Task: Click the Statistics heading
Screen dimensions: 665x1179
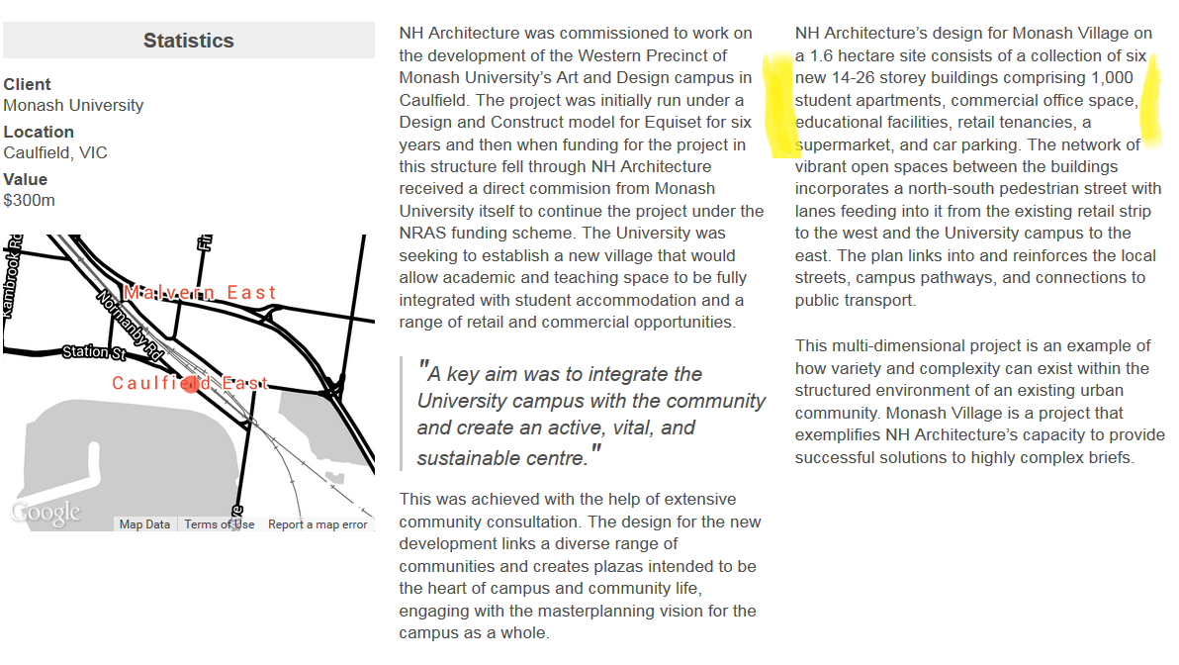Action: (x=188, y=41)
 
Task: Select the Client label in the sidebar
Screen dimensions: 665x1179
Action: (x=27, y=84)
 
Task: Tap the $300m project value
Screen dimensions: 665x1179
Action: (x=29, y=200)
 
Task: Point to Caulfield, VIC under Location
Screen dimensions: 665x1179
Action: (x=55, y=152)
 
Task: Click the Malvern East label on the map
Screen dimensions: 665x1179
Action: (x=200, y=292)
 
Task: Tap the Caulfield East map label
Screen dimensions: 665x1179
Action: (x=189, y=383)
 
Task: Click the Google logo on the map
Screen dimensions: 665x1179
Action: (x=45, y=513)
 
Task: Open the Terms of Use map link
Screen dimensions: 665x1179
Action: (x=220, y=524)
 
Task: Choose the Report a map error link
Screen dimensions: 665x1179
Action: (x=317, y=524)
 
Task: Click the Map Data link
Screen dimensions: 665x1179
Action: (x=144, y=524)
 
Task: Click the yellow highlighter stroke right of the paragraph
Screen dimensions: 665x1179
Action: (x=1152, y=99)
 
